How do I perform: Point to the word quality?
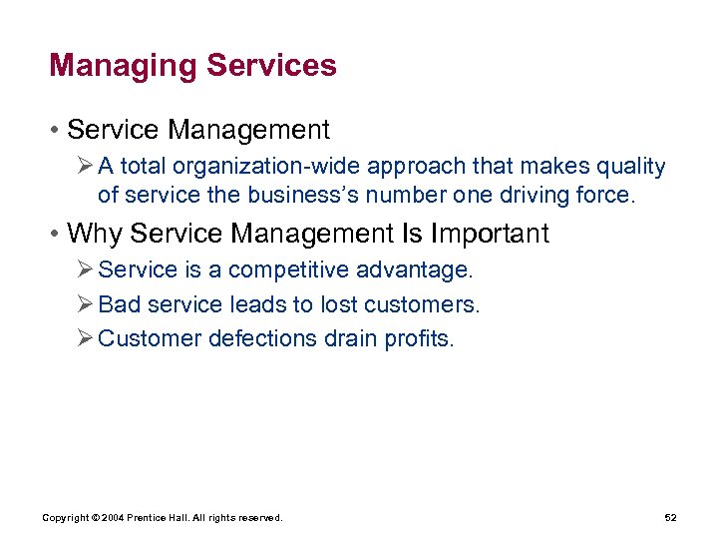pyautogui.click(x=629, y=167)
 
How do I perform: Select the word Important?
pyautogui.click(x=490, y=234)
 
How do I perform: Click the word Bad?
pyautogui.click(x=120, y=303)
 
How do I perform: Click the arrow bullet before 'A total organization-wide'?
pyautogui.click(x=87, y=167)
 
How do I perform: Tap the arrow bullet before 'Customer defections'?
pyautogui.click(x=87, y=338)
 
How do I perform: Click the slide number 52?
pyautogui.click(x=670, y=518)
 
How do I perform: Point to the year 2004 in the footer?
pyautogui.click(x=112, y=518)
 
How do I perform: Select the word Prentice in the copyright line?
pyautogui.click(x=147, y=518)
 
